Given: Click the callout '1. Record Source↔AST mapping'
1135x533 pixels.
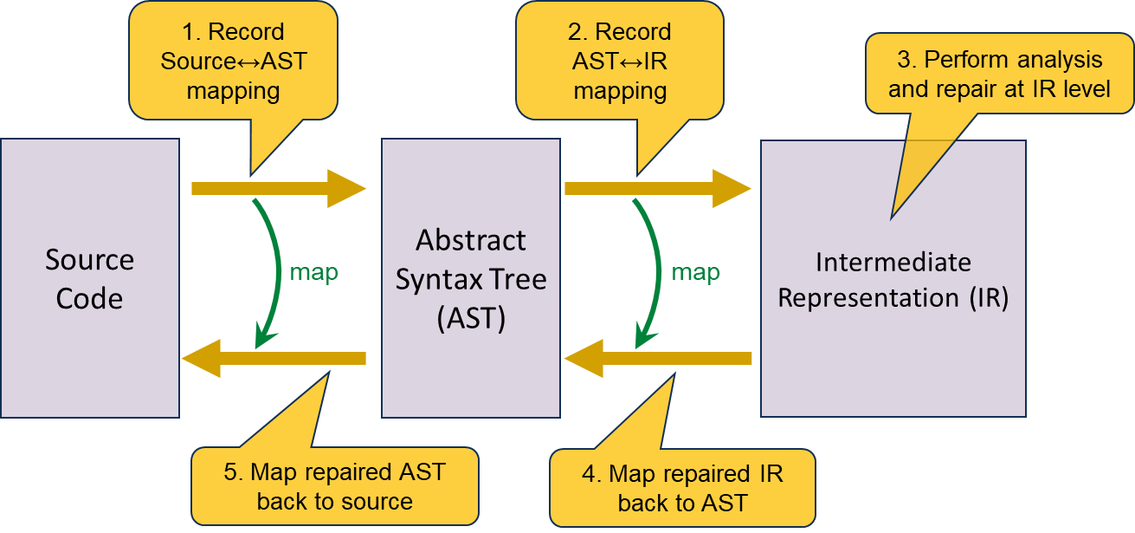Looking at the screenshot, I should [x=233, y=62].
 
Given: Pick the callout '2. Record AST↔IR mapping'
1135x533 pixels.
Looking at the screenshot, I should [x=619, y=62].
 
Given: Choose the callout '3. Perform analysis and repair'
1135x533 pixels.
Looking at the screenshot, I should [x=999, y=74].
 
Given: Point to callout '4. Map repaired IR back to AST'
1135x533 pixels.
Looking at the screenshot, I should [x=682, y=487].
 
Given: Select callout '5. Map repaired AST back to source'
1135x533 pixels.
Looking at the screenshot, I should [x=334, y=486].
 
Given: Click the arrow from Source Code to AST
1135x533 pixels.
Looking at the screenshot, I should [x=277, y=188].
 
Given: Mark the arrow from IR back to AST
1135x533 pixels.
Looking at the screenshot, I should [x=658, y=358].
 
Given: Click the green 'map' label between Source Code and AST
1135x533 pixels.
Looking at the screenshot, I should [x=313, y=272].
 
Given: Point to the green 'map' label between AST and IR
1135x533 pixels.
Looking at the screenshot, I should [x=695, y=272].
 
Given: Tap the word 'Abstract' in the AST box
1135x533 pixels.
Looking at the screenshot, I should [x=471, y=240].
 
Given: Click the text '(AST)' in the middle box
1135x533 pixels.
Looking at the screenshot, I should [x=471, y=318].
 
